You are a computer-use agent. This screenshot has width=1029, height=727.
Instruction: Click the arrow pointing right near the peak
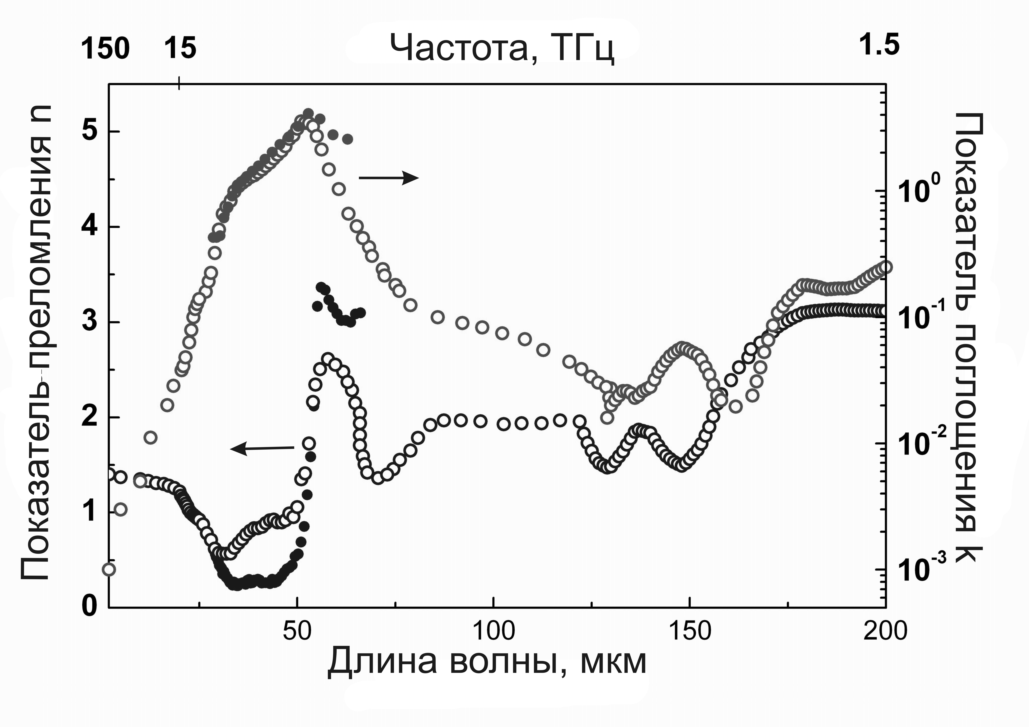pos(389,178)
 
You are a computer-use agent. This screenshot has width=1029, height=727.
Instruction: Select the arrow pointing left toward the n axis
pos(262,448)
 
